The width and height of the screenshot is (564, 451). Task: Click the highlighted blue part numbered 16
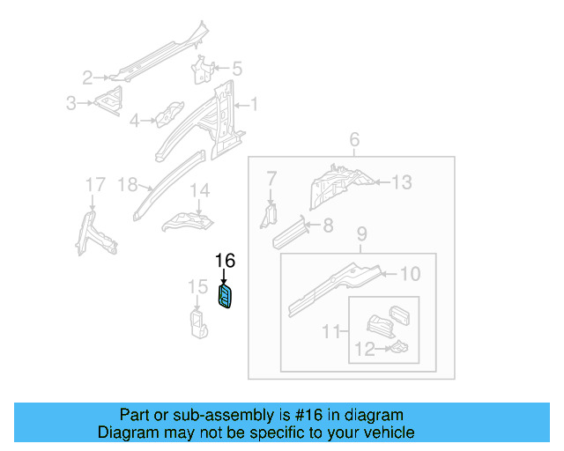point(226,298)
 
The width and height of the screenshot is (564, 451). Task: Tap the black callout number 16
point(226,261)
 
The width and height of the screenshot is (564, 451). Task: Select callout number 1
point(254,105)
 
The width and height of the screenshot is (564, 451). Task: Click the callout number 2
point(87,77)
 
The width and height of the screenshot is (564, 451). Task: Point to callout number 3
point(70,104)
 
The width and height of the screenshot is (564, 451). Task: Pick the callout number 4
point(135,121)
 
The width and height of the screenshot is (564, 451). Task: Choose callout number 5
point(236,68)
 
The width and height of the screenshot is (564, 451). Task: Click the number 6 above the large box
point(354,140)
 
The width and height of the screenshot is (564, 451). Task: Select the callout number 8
point(328,225)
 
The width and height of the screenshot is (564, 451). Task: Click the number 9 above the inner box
point(360,234)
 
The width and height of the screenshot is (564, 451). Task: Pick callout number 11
point(330,332)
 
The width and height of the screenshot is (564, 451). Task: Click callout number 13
point(401,182)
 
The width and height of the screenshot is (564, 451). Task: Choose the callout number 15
point(198,287)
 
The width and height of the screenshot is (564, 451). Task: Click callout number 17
point(94,185)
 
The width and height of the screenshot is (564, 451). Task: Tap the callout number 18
point(128,185)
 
